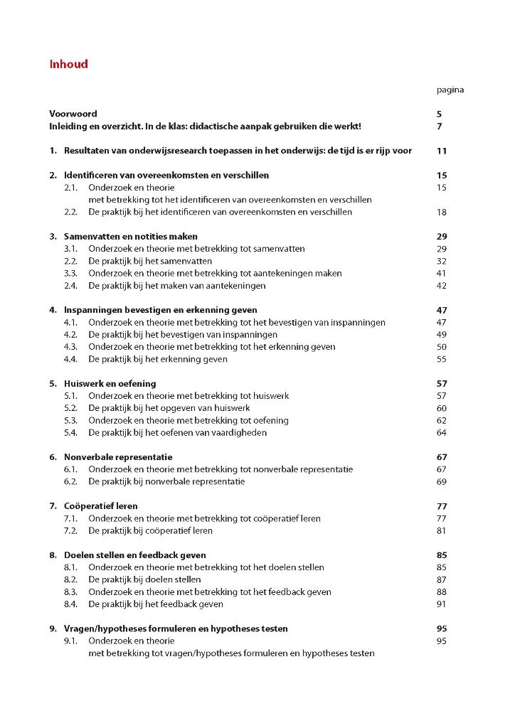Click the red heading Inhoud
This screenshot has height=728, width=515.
(68, 64)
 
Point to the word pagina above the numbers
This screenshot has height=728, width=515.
(450, 90)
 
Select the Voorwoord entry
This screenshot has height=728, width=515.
(73, 114)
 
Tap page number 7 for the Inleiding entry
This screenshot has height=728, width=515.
(440, 127)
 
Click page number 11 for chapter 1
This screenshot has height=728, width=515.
(441, 151)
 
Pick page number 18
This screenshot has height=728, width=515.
(441, 212)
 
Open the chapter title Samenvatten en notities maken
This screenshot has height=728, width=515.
(131, 236)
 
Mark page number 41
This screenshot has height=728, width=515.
(441, 273)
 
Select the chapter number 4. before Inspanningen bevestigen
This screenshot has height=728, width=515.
(53, 310)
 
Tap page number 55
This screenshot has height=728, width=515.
(441, 359)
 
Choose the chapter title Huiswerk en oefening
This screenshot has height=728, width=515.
(110, 383)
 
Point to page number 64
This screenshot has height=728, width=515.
(441, 432)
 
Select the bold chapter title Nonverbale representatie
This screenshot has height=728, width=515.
(118, 457)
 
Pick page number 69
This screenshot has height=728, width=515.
(441, 481)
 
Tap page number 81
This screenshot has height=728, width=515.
(441, 530)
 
